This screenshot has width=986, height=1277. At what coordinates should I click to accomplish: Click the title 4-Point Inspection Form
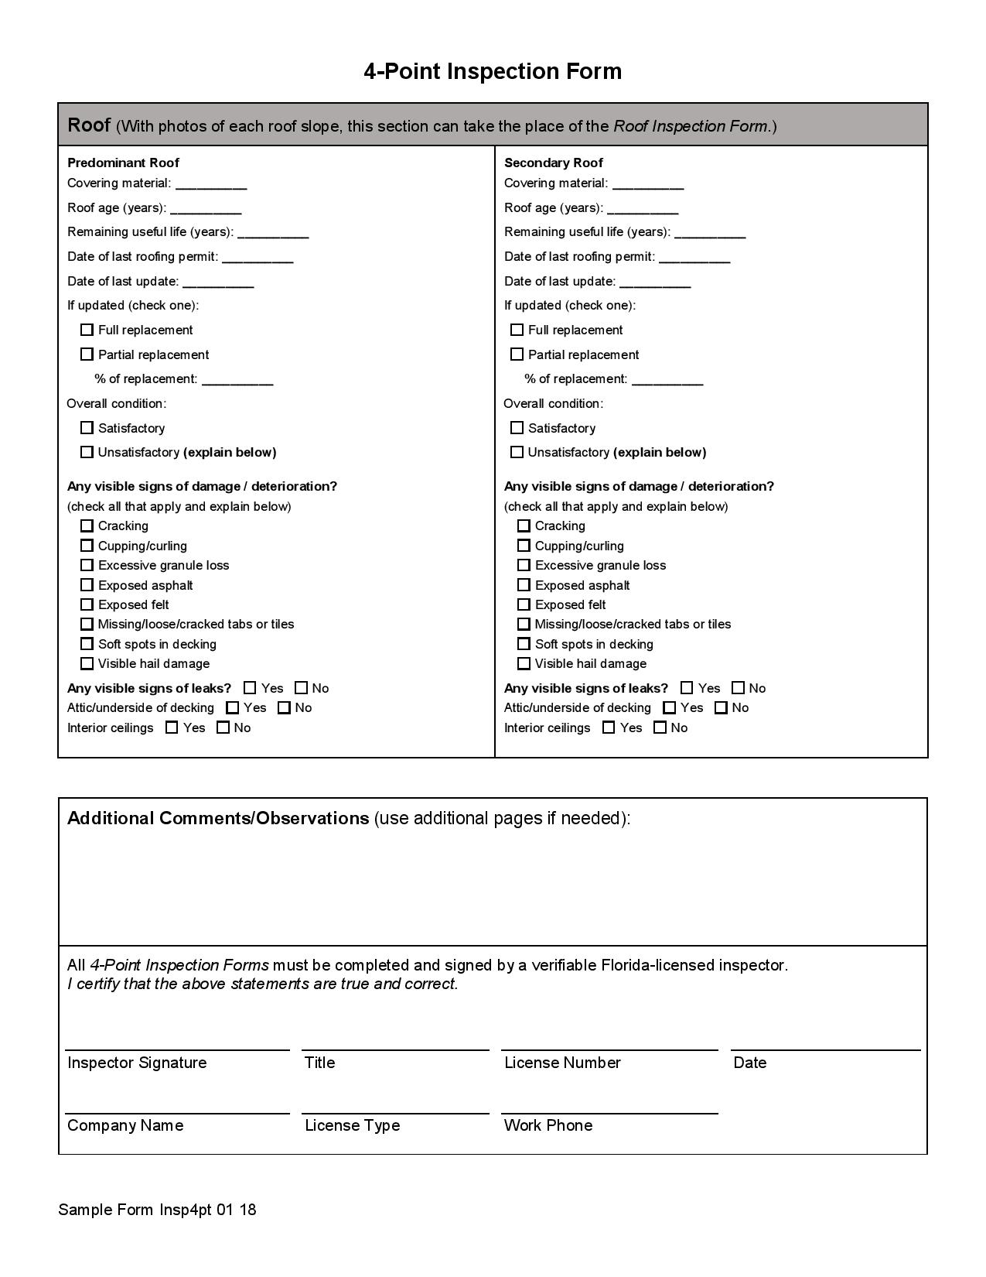(493, 71)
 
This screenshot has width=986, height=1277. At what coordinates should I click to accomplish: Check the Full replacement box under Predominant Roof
(87, 330)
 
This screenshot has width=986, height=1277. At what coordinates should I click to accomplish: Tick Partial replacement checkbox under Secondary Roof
(517, 354)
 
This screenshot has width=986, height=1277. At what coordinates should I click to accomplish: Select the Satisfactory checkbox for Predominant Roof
(87, 428)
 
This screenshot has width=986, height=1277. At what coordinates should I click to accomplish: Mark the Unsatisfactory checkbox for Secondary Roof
(517, 452)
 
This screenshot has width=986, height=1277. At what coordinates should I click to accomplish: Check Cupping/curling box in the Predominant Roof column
(87, 546)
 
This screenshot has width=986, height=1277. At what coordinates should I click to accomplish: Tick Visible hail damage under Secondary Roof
(524, 663)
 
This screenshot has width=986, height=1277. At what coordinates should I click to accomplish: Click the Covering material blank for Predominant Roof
(211, 183)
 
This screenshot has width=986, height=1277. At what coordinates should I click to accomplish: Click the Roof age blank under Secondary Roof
(643, 208)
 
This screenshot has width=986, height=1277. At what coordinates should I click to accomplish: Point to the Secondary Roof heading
(553, 163)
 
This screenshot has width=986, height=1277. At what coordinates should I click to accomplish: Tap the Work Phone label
(548, 1125)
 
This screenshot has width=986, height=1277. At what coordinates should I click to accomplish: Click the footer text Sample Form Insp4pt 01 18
(157, 1210)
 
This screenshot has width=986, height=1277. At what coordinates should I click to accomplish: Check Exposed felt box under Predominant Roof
(87, 604)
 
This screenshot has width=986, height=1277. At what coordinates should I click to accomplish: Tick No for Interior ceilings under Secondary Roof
(660, 728)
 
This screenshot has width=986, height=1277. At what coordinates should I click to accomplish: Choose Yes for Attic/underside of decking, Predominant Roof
(233, 707)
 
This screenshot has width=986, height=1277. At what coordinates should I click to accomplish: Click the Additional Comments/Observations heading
(218, 818)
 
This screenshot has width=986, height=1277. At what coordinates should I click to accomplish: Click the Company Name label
(125, 1125)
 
